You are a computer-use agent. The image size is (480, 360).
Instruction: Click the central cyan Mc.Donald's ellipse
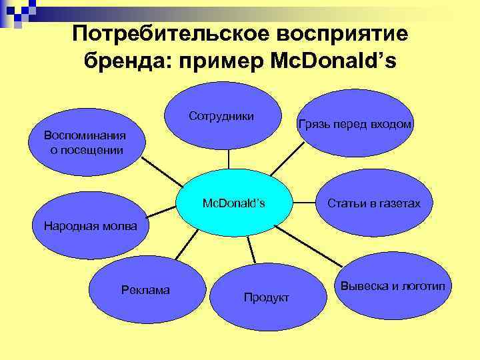(x=233, y=203)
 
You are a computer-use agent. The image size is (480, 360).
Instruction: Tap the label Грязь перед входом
(x=357, y=125)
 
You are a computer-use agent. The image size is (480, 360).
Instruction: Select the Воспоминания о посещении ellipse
(x=84, y=143)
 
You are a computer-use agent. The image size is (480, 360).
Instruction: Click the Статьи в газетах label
(x=374, y=203)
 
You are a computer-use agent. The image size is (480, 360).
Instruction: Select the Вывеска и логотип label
(x=397, y=286)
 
